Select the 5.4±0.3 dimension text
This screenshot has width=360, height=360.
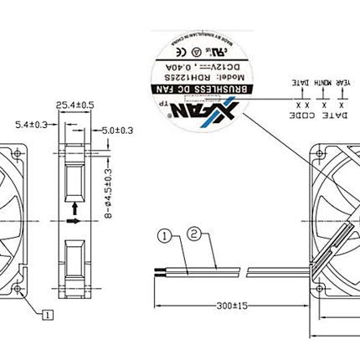(x=32, y=125)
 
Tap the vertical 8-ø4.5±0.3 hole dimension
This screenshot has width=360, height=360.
(x=109, y=192)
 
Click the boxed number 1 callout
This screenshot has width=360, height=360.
(x=49, y=315)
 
